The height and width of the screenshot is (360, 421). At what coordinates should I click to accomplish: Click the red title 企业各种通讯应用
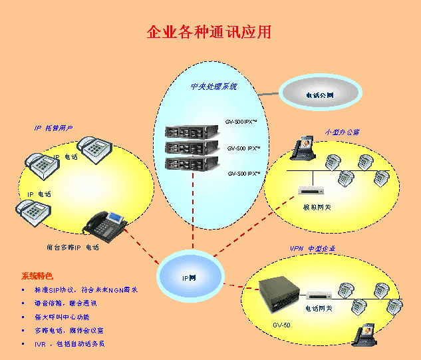tap(209, 33)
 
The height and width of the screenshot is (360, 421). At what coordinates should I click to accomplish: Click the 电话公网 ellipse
tap(320, 95)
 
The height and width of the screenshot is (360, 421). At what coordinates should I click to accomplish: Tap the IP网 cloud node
tap(190, 277)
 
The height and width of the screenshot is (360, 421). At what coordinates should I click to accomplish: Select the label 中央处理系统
tap(213, 87)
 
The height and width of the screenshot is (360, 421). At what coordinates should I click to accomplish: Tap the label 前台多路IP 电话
tap(72, 248)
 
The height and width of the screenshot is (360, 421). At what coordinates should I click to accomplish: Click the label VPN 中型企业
tap(313, 248)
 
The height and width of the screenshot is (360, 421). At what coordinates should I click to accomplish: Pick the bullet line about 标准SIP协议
tap(86, 290)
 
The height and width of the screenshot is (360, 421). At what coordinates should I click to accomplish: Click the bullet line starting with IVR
tap(70, 344)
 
